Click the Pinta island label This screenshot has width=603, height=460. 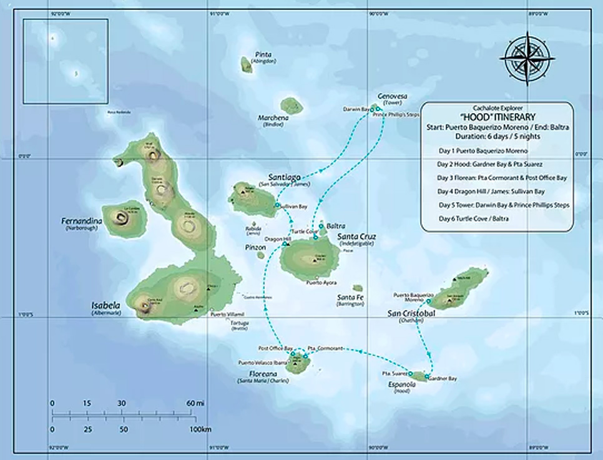pyautogui.click(x=263, y=54)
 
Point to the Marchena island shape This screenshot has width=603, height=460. pyautogui.click(x=291, y=105)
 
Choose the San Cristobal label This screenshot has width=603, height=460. pyautogui.click(x=411, y=313)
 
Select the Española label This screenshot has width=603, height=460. pyautogui.click(x=401, y=384)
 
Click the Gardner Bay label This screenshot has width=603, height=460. pyautogui.click(x=443, y=378)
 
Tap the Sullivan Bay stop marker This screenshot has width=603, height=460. pyautogui.click(x=277, y=205)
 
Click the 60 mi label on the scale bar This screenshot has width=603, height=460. pyautogui.click(x=195, y=403)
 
